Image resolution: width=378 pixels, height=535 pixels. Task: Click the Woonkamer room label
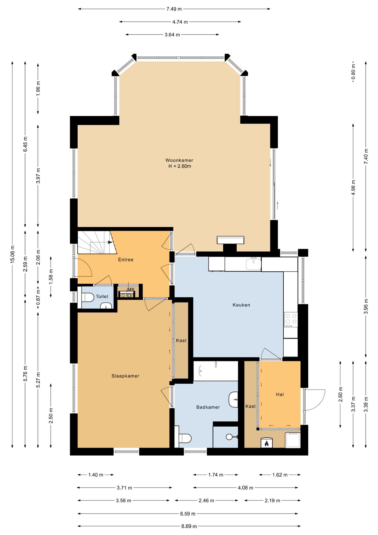tap(179, 160)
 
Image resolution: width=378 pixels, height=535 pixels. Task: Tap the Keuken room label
tap(241, 305)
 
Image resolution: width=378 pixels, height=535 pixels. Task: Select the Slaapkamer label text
tap(125, 376)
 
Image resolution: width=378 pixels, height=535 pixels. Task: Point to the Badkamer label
tap(208, 407)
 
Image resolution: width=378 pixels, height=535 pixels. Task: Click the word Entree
tap(126, 260)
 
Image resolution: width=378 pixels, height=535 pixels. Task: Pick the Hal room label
tap(280, 394)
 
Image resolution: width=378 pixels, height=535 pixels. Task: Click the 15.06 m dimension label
tap(12, 254)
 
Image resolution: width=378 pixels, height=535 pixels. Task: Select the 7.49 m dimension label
tap(174, 9)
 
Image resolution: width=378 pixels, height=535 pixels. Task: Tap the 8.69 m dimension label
tap(189, 526)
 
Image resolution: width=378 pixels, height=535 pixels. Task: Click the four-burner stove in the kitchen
tap(291, 319)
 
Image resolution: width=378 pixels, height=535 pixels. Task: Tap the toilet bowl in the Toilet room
tap(88, 297)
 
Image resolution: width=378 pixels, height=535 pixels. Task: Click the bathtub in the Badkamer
tap(216, 371)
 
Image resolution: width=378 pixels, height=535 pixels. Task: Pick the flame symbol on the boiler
tap(266, 443)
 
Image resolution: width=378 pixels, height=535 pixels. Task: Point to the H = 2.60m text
tap(180, 166)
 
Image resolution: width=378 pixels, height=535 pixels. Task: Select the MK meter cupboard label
tap(131, 290)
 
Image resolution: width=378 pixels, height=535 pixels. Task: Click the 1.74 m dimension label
tap(216, 475)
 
